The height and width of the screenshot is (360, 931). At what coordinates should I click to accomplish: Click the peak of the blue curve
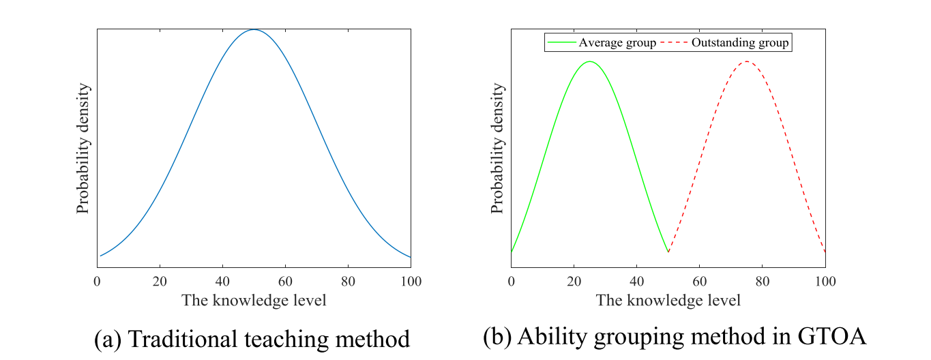pos(254,30)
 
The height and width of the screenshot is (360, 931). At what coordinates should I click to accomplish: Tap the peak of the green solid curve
pos(589,61)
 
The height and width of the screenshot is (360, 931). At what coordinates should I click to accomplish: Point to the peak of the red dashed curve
pos(747,61)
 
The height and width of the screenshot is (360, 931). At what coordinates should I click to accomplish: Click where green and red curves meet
pos(668,252)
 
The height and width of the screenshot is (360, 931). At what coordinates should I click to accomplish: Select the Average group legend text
pos(617,43)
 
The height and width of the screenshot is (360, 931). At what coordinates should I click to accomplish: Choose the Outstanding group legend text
pos(740,43)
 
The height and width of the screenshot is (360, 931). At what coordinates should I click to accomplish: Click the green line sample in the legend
pos(561,43)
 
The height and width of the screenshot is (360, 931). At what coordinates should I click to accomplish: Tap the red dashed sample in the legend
pos(675,43)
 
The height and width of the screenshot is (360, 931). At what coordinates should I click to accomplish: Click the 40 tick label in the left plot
pos(222,281)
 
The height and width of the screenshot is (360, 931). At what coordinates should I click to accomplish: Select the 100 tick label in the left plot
pos(411,281)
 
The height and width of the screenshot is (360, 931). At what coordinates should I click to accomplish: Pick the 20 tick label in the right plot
pos(574,281)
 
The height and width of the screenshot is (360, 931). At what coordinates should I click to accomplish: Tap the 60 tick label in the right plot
pos(699,281)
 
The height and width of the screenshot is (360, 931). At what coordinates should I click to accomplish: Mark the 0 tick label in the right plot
pos(511,281)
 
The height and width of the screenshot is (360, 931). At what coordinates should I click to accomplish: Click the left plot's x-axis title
pos(254,300)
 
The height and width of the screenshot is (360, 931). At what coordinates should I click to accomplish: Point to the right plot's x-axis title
pos(668,300)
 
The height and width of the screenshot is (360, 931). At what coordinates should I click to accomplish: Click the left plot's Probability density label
pos(83,149)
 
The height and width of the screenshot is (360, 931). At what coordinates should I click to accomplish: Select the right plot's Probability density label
pos(498,149)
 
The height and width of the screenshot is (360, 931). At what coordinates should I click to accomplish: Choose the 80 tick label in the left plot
pos(348,281)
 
